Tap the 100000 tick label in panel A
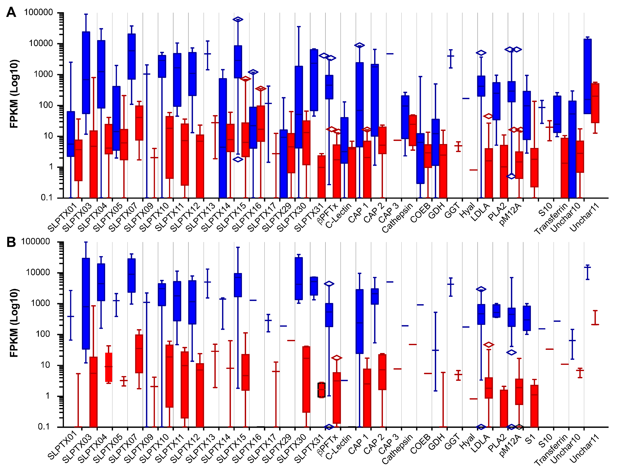[38, 12]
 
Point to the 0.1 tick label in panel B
[43, 427]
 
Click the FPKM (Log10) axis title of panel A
[14, 94]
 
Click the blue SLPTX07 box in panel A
[131, 57]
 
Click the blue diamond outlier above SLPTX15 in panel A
[238, 19]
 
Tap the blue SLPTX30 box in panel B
[299, 278]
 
